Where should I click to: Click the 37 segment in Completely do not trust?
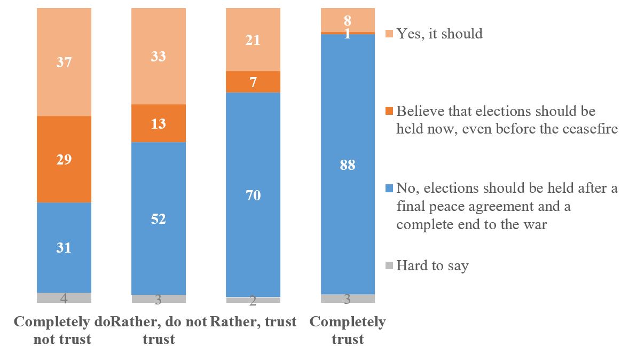(64, 62)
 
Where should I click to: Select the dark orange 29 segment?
(64, 159)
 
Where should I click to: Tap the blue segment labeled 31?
(64, 247)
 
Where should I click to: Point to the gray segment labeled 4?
(64, 298)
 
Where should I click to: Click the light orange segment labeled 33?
(158, 56)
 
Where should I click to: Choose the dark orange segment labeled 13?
(158, 123)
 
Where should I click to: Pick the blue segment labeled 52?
(158, 218)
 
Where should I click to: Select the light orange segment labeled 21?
(253, 40)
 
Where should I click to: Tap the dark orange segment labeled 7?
(253, 82)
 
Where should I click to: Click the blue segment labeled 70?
(253, 195)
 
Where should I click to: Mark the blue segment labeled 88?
(348, 165)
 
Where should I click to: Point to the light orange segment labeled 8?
(348, 20)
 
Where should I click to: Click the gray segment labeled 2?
(253, 300)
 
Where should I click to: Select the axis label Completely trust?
(348, 331)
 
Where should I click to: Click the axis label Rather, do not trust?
(159, 331)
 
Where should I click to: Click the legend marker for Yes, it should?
(388, 34)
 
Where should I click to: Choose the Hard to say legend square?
(388, 265)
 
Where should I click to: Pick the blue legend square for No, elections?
(388, 188)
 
